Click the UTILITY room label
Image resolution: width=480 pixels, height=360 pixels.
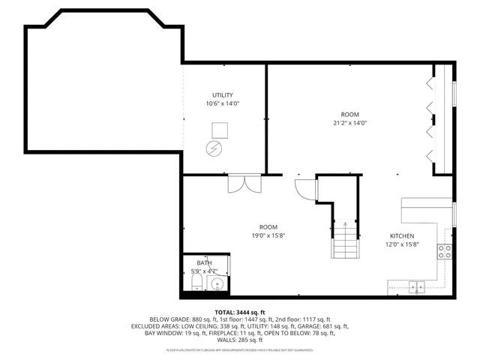tap(222, 94)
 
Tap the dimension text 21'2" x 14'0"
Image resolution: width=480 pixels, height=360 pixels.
tap(349, 123)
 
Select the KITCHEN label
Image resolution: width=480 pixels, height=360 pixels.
tap(400, 235)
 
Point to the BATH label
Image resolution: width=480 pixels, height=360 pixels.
tap(204, 262)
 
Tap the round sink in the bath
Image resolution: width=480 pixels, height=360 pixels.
tap(217, 284)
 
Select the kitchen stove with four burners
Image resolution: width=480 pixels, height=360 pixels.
tap(445, 251)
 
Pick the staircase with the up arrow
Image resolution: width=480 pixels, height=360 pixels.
tap(344, 240)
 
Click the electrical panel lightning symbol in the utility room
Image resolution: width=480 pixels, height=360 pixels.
tap(216, 148)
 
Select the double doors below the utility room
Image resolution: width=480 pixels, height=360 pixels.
tap(243, 183)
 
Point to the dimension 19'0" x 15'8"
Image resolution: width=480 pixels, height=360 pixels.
tap(268, 235)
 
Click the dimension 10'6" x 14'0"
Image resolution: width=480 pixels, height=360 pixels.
tap(222, 103)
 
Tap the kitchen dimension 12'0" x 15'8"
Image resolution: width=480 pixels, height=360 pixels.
tap(400, 244)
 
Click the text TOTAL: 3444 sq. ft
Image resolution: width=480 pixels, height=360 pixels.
tap(240, 312)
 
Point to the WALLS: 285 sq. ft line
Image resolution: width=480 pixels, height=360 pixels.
tap(240, 340)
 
